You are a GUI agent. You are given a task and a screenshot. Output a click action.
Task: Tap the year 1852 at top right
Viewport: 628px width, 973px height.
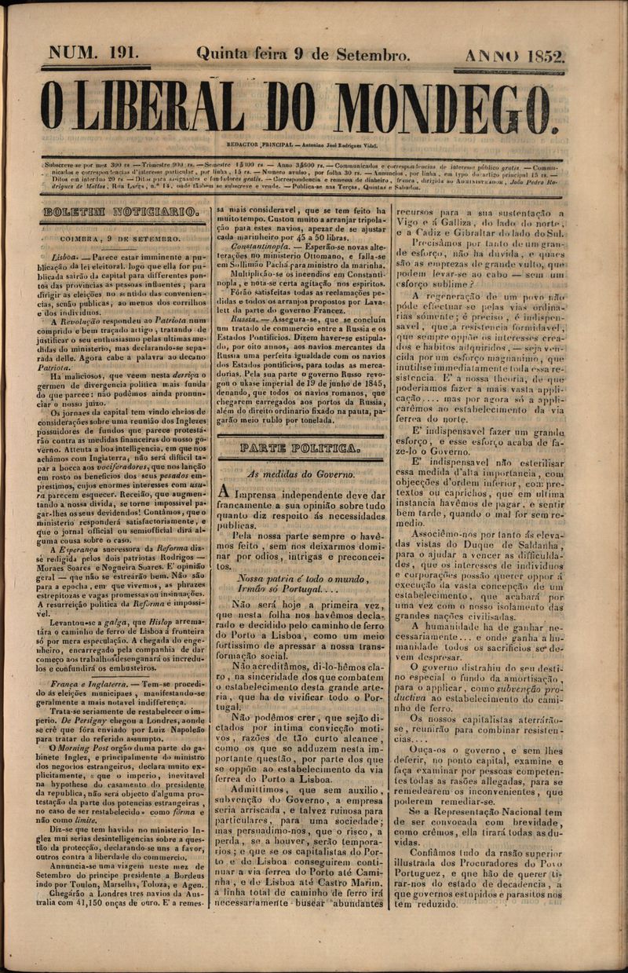point(548,57)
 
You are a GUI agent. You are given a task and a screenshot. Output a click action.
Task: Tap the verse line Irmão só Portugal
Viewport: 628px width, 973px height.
point(286,589)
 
